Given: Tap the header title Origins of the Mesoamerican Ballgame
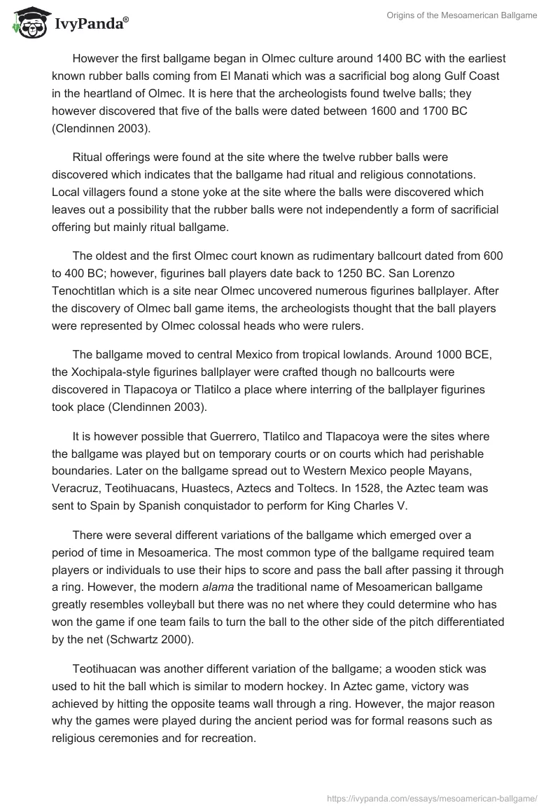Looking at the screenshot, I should (x=461, y=15).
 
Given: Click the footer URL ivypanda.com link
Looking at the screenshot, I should (x=433, y=797).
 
